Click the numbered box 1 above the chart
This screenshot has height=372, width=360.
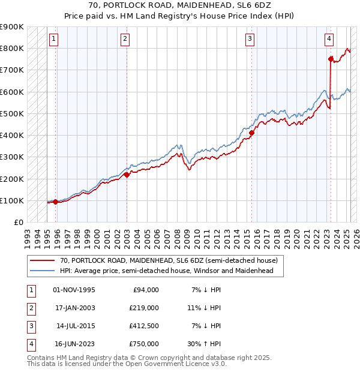[x=53, y=40]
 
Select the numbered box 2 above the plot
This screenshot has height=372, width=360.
[x=125, y=40]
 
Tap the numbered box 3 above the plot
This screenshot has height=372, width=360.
[x=250, y=40]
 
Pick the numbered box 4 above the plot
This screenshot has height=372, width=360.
[x=329, y=40]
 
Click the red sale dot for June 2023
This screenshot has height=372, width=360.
[x=331, y=59]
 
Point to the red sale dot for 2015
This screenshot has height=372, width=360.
[x=252, y=133]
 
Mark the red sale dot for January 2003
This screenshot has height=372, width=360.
[x=127, y=175]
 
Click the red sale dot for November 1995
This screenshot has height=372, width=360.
[x=56, y=202]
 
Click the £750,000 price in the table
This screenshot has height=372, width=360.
[x=145, y=344]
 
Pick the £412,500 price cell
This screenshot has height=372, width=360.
[x=145, y=326]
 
